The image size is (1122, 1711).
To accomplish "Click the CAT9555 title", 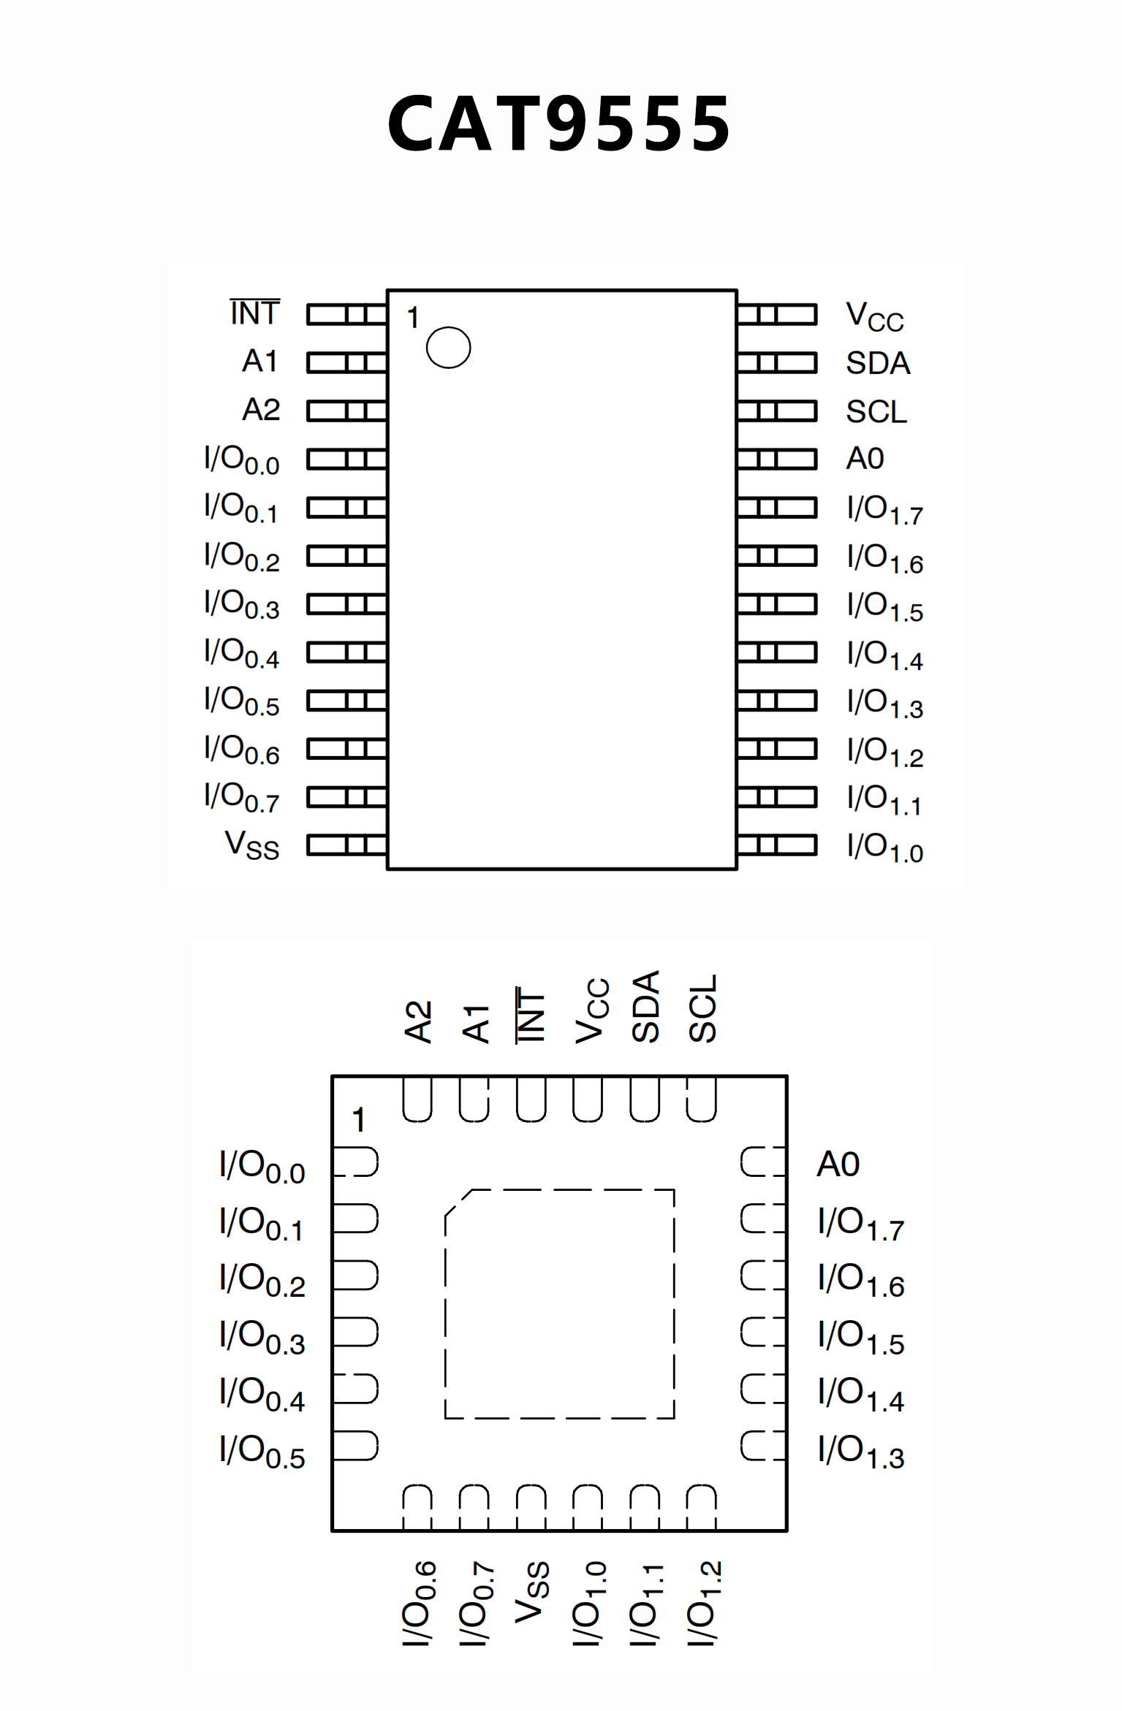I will pos(559,124).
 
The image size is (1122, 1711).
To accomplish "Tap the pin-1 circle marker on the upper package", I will pos(448,347).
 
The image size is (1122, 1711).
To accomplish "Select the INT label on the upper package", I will pos(255,313).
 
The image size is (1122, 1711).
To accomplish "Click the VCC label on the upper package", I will pos(874,316).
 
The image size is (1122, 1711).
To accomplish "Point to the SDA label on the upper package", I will pos(878,363).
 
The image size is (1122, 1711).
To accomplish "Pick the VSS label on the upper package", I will pos(252,845).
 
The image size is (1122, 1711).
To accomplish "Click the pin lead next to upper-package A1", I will pos(346,363).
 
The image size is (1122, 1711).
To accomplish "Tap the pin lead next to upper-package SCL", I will pos(776,411).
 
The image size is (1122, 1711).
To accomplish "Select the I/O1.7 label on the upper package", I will pos(884,509).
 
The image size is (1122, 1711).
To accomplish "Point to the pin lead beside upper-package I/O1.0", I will pos(776,845).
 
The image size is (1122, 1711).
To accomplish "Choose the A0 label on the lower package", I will pos(838,1164).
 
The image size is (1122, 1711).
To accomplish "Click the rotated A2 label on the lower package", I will pos(419,1021).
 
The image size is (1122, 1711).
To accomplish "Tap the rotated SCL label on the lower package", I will pos(702,1008).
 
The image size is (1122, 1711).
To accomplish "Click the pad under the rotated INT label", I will pos(531,1100).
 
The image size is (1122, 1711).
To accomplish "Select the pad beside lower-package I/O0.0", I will pos(355,1162).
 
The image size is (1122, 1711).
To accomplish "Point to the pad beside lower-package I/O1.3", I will pos(762,1446).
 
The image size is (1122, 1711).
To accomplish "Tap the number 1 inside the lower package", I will pos(358,1120).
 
